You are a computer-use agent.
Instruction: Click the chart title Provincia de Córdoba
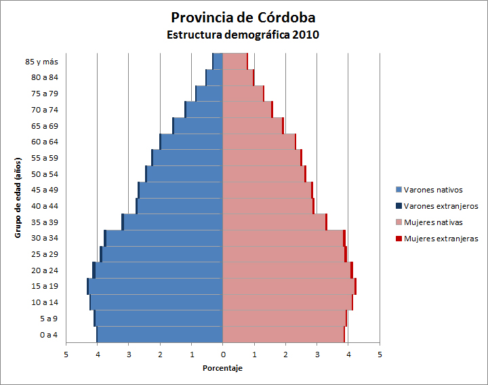tap(243, 17)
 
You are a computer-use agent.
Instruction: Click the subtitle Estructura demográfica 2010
tap(243, 34)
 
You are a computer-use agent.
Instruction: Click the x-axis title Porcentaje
tap(222, 368)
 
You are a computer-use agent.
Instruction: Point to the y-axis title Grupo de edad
tap(18, 197)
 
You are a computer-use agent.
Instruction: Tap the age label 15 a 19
tap(45, 286)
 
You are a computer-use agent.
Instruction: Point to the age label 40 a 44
tap(45, 206)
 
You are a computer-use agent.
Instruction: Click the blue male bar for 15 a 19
tap(156, 286)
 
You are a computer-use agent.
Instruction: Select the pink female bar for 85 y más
tap(235, 61)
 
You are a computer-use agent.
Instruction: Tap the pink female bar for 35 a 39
tap(274, 222)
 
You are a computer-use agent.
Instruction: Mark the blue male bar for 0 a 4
tap(160, 335)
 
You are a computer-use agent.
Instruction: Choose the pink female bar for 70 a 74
tap(247, 109)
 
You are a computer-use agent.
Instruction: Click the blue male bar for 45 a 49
tap(181, 190)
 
